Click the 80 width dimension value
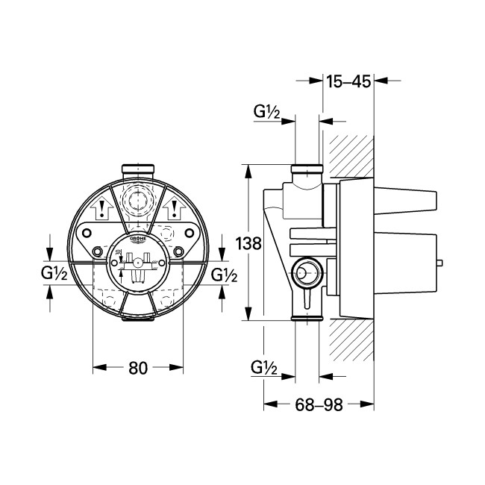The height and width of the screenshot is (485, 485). [137, 367]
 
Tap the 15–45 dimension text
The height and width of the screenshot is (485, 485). [348, 81]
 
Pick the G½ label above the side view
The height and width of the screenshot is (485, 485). [266, 112]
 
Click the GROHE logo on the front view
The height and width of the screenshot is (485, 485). [138, 240]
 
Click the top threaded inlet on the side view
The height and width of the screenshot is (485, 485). [307, 169]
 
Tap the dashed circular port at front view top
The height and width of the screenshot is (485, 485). [137, 201]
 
